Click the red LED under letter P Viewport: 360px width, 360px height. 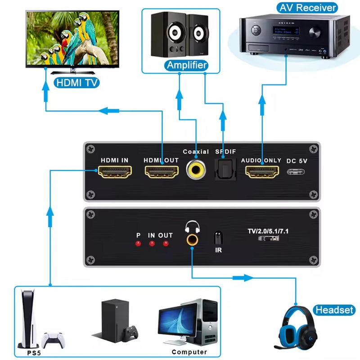139,244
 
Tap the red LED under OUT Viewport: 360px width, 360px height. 166,244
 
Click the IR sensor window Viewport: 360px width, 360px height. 218,237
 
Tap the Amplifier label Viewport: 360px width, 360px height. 186,66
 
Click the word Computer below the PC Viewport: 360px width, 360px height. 189,352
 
